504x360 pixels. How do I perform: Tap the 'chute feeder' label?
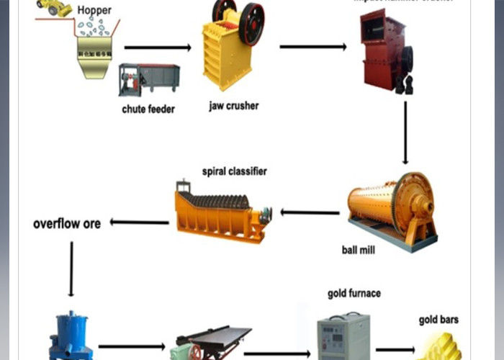(x=148, y=109)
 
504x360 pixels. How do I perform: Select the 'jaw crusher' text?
(x=233, y=106)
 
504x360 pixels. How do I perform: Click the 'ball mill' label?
(x=359, y=251)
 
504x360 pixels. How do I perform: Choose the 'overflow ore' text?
(x=67, y=223)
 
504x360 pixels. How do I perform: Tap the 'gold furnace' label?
(x=354, y=294)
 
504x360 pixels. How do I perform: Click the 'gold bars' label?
(x=438, y=320)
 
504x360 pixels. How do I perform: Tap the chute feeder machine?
(x=149, y=80)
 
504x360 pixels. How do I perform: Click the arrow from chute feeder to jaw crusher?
(x=158, y=48)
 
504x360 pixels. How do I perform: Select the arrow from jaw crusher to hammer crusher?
(x=314, y=48)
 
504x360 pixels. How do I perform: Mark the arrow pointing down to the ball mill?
(x=405, y=133)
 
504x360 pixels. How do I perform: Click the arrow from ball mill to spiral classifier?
(x=310, y=212)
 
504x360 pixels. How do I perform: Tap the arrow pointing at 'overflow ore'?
(x=139, y=222)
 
